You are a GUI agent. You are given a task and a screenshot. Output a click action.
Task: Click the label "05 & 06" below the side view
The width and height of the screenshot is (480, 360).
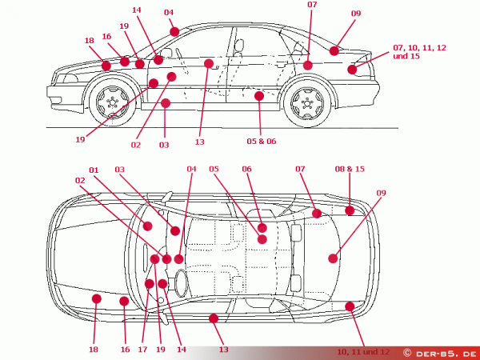tap(261, 141)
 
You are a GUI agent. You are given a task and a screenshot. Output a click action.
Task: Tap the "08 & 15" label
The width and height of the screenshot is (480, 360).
tap(350, 169)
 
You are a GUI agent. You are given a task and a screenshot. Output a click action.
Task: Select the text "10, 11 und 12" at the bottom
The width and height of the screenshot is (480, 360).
tap(363, 351)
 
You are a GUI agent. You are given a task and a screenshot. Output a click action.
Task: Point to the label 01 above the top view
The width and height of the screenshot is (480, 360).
tap(94, 170)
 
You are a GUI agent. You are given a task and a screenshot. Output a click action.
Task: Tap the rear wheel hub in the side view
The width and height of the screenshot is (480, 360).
tap(306, 103)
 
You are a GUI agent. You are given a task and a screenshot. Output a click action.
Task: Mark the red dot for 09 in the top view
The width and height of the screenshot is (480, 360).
tap(334, 258)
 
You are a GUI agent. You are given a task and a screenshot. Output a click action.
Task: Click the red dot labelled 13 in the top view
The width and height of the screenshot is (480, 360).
tap(214, 318)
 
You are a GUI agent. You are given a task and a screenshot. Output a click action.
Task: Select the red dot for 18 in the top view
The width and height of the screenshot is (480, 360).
tap(96, 298)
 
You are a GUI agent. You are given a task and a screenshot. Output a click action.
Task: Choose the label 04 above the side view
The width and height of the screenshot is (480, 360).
tap(169, 12)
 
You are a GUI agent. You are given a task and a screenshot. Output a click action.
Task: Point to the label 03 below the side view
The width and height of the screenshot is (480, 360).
tap(164, 145)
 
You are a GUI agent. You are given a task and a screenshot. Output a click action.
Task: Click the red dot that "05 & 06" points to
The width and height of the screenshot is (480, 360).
tap(258, 96)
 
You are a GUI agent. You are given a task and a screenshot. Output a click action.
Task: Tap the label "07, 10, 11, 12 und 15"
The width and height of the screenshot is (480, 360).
tap(420, 52)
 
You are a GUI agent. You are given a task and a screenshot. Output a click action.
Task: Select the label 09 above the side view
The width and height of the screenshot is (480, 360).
tap(356, 13)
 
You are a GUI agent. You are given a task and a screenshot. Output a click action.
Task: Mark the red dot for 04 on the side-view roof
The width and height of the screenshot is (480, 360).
tap(174, 31)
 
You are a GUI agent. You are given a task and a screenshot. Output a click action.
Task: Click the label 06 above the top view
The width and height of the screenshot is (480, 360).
tap(246, 170)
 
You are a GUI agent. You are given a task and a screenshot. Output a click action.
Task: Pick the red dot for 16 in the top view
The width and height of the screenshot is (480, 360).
tap(124, 301)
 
